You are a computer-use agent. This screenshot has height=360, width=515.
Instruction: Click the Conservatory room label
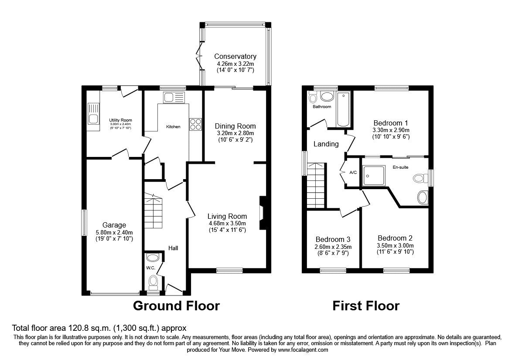click(235, 56)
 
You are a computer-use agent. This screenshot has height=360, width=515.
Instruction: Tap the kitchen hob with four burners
click(195, 125)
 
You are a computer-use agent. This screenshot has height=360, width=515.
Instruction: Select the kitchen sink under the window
click(174, 97)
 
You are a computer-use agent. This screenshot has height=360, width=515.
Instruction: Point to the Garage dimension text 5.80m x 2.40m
click(114, 232)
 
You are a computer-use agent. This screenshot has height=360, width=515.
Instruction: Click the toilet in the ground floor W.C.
click(153, 282)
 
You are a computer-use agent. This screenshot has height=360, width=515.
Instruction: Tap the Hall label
click(173, 248)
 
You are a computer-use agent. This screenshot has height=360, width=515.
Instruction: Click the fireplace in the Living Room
click(263, 213)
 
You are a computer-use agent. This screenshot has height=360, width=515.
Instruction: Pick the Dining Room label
click(235, 126)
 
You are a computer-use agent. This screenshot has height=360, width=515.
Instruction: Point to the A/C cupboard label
click(353, 173)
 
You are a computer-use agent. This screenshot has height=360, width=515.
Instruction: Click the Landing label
click(326, 144)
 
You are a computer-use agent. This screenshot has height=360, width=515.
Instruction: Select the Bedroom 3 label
click(333, 239)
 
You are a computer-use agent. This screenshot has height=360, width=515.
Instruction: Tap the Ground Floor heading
click(176, 306)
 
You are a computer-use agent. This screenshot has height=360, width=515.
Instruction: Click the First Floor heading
click(366, 306)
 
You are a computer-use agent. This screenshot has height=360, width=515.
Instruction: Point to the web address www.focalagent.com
click(303, 350)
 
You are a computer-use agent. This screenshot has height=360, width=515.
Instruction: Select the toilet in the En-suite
click(420, 178)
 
